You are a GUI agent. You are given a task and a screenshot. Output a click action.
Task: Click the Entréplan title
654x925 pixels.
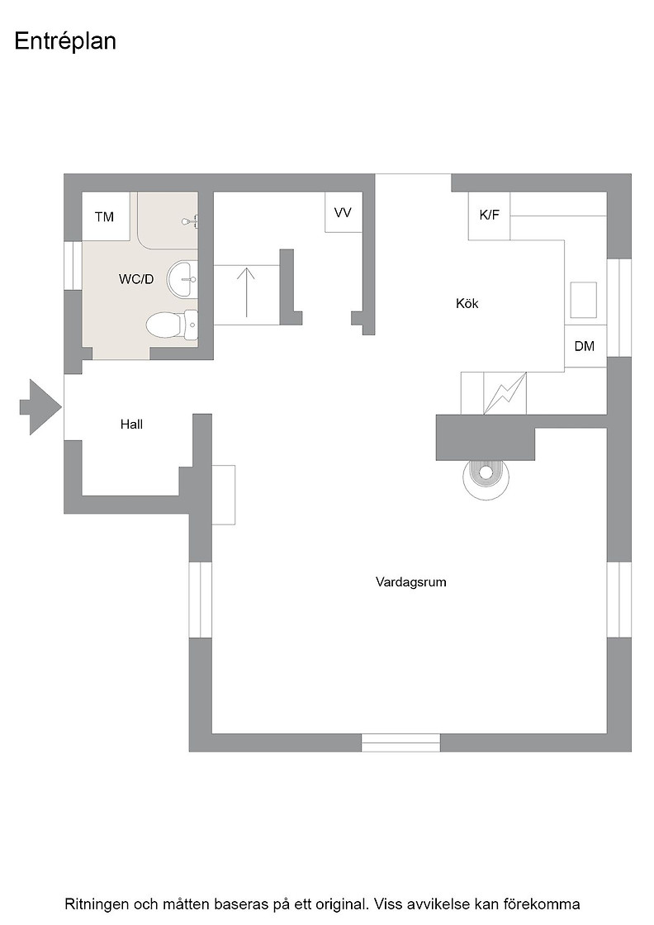(x=65, y=42)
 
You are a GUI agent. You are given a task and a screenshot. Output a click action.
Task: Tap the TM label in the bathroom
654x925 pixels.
(x=104, y=217)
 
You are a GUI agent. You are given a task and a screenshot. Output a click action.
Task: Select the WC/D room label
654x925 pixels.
(x=136, y=279)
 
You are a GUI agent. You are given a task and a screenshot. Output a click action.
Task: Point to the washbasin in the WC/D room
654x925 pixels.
(x=182, y=279)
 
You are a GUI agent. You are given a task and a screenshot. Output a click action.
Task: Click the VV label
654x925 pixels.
(x=343, y=212)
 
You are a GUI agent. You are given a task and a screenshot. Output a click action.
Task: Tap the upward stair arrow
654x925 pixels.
(x=247, y=292)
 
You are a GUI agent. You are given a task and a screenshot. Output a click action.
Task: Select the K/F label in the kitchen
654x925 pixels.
(x=489, y=215)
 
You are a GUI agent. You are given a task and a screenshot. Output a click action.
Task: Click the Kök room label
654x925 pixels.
(x=467, y=303)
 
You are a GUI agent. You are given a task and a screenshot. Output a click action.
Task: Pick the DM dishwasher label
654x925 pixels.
(x=585, y=346)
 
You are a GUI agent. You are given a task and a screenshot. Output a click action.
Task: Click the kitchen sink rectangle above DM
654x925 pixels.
(x=584, y=301)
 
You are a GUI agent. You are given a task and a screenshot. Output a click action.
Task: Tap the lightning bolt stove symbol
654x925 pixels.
(x=505, y=393)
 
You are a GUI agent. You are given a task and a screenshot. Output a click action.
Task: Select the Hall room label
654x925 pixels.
(x=131, y=425)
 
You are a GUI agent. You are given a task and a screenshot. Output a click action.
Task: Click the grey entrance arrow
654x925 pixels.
(x=40, y=407)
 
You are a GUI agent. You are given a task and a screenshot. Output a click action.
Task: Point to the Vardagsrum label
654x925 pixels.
(x=411, y=582)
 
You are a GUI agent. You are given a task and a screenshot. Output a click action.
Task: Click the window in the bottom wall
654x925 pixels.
(x=401, y=742)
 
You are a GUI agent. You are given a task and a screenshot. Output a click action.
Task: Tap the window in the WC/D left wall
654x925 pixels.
(x=73, y=265)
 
